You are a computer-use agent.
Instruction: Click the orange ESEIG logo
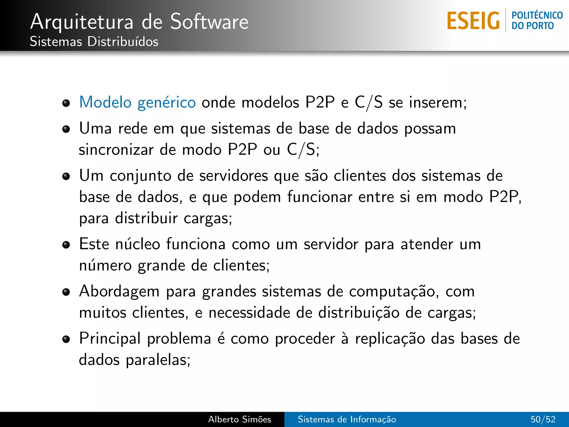point(473,21)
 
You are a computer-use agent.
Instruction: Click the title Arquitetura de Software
point(139,22)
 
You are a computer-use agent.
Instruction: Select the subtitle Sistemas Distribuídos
point(94,42)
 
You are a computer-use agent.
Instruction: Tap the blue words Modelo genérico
point(138,102)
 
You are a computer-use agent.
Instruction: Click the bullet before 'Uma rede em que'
point(66,129)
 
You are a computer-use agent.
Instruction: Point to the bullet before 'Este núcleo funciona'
point(66,245)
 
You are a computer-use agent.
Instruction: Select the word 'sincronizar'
point(116,150)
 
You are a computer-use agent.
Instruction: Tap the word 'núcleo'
point(138,244)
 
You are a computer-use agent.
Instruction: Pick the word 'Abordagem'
point(119,292)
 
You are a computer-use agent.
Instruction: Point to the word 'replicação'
point(390,339)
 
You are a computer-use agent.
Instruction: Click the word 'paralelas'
point(158,360)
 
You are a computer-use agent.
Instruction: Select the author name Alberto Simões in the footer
point(239,419)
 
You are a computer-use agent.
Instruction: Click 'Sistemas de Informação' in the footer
point(347,419)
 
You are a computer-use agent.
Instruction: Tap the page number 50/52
point(543,419)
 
